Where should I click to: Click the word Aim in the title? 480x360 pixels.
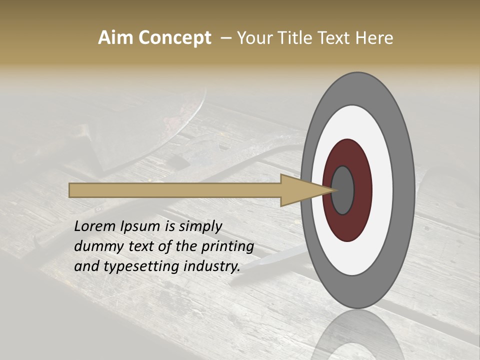(115, 38)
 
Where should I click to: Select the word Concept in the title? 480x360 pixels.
(174, 38)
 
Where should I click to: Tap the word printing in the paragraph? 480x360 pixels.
(227, 246)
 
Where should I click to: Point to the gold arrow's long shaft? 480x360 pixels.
(175, 190)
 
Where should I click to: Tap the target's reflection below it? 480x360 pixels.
(358, 335)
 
